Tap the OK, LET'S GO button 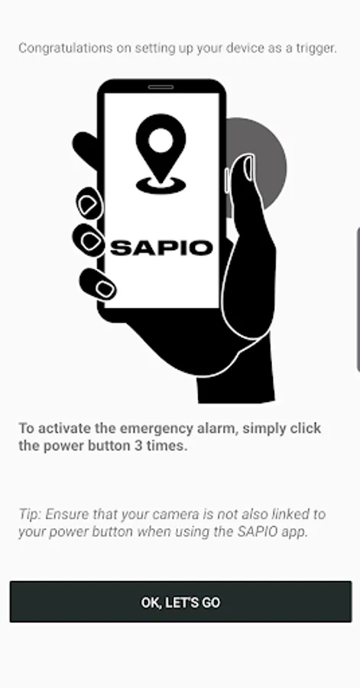coord(180,602)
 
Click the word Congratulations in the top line coord(65,48)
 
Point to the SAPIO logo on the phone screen coord(161,248)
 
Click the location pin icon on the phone coord(161,153)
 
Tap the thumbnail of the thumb coord(248,168)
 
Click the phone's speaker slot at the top coord(161,87)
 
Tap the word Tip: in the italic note coord(30,514)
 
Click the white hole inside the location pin coord(161,141)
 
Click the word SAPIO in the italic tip coord(258,532)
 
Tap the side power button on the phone coord(227,180)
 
